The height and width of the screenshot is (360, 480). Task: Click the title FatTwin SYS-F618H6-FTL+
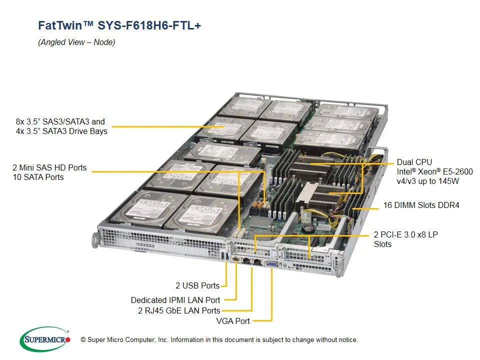pos(119,25)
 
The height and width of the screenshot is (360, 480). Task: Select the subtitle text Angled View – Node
pos(76,42)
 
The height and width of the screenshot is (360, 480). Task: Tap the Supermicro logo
pos(45,339)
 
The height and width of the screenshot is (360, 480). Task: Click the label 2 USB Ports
pos(197,286)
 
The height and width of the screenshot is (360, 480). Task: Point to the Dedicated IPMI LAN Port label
pos(175,300)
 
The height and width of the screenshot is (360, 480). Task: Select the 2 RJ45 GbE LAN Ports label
pos(178,311)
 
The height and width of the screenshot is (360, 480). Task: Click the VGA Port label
pos(232,320)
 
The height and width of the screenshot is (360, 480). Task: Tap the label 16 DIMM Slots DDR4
pos(420,205)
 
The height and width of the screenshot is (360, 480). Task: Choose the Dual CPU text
pos(414,162)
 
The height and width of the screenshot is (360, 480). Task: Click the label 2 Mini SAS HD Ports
pos(49,167)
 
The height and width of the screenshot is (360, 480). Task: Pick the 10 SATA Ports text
pos(38,177)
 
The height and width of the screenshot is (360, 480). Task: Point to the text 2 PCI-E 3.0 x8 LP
pos(405,234)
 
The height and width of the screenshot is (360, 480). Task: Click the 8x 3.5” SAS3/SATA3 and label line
pos(60,121)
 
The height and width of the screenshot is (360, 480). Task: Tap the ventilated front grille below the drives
pos(160,240)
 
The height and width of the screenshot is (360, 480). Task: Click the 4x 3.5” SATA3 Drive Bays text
pos(61,131)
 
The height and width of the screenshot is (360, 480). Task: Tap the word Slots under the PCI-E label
pos(383,244)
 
